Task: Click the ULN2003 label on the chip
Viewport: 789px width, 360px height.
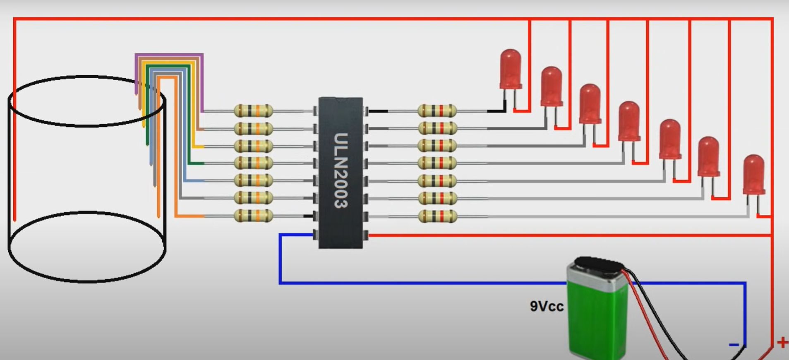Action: tap(341, 170)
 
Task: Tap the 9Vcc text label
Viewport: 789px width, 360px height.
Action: tap(547, 306)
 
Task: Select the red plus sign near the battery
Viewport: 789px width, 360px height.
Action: tap(782, 343)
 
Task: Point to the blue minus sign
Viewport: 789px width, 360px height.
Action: tap(734, 344)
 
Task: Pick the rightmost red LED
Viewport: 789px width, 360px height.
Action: tap(753, 174)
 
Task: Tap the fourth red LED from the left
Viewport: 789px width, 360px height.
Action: tap(629, 121)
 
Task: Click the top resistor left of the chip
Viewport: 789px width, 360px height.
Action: tap(253, 111)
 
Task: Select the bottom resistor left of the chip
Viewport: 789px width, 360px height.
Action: tap(253, 216)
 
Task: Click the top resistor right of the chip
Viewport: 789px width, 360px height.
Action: tap(437, 111)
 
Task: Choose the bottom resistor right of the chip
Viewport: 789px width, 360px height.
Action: tap(437, 216)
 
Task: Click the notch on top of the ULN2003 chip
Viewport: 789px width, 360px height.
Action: tap(341, 100)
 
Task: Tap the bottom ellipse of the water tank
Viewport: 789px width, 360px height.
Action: tap(87, 247)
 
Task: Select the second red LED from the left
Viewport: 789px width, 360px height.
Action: tap(552, 86)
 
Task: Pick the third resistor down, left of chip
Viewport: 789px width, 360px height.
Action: tap(253, 146)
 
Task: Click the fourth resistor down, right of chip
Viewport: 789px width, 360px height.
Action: tap(437, 163)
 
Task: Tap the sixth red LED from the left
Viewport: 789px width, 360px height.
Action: tap(708, 156)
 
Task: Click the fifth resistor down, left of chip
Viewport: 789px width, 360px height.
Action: tap(253, 181)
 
